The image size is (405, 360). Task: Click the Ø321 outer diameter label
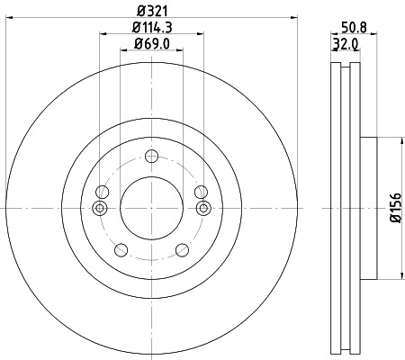coord(151,12)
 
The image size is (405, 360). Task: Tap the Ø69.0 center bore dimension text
coord(151,44)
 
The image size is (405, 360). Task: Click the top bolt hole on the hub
coord(151,155)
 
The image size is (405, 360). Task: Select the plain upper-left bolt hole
coord(101,192)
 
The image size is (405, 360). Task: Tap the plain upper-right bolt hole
coord(202,192)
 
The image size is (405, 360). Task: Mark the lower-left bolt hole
coord(121,250)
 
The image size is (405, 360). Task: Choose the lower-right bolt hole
coord(182,250)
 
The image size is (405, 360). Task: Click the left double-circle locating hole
coord(100,209)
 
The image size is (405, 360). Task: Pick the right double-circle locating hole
coord(202,209)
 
